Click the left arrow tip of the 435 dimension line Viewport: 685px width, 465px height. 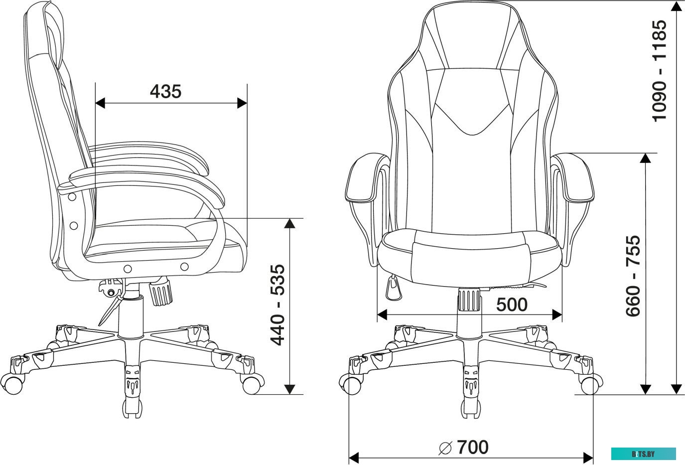coord(96,103)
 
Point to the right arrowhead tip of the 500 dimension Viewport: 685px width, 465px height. coord(562,314)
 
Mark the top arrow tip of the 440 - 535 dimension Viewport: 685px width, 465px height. coord(289,219)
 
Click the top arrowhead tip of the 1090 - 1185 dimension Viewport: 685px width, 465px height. coord(676,1)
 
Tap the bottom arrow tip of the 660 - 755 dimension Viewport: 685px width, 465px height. coord(646,394)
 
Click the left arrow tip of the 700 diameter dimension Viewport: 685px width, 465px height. coord(349,458)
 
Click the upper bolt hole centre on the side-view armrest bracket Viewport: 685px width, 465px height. coord(72,197)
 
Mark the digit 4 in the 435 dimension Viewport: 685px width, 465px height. coord(155,92)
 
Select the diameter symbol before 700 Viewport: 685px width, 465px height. coord(445,449)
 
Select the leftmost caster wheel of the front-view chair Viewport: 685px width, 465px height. coord(350,384)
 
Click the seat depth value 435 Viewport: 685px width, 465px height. coord(165,92)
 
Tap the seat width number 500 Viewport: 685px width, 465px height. coord(512,305)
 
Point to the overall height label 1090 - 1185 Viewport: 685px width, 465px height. coord(659,71)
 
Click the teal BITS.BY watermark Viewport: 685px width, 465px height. coord(644,454)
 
